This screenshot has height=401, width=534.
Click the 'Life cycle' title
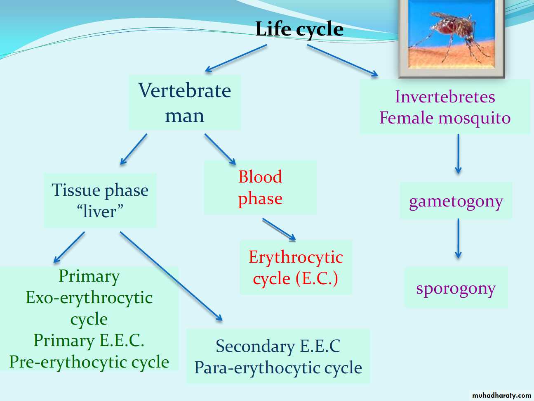[x=299, y=29]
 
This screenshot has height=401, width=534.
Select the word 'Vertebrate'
[x=184, y=90]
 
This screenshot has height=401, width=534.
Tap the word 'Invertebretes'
[x=445, y=97]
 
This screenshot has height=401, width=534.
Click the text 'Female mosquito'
[x=445, y=118]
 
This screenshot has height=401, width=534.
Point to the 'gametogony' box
[x=456, y=201]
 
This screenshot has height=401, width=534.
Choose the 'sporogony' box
[x=456, y=288]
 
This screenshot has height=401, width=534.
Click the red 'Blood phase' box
[x=260, y=187]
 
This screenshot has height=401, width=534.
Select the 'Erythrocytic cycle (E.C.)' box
[x=296, y=268]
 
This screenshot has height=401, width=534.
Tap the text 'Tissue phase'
[x=100, y=190]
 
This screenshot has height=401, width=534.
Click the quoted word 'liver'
[x=100, y=212]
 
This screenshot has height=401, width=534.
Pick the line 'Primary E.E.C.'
[x=89, y=340]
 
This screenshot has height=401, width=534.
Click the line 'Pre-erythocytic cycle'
[x=89, y=362]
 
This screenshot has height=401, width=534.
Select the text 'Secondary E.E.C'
[x=278, y=346]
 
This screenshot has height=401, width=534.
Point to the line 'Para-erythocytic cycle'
[x=278, y=368]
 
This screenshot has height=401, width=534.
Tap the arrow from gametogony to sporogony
[x=458, y=239]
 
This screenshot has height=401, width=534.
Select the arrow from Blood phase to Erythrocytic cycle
[x=279, y=229]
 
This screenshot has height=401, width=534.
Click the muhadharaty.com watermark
[x=501, y=395]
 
